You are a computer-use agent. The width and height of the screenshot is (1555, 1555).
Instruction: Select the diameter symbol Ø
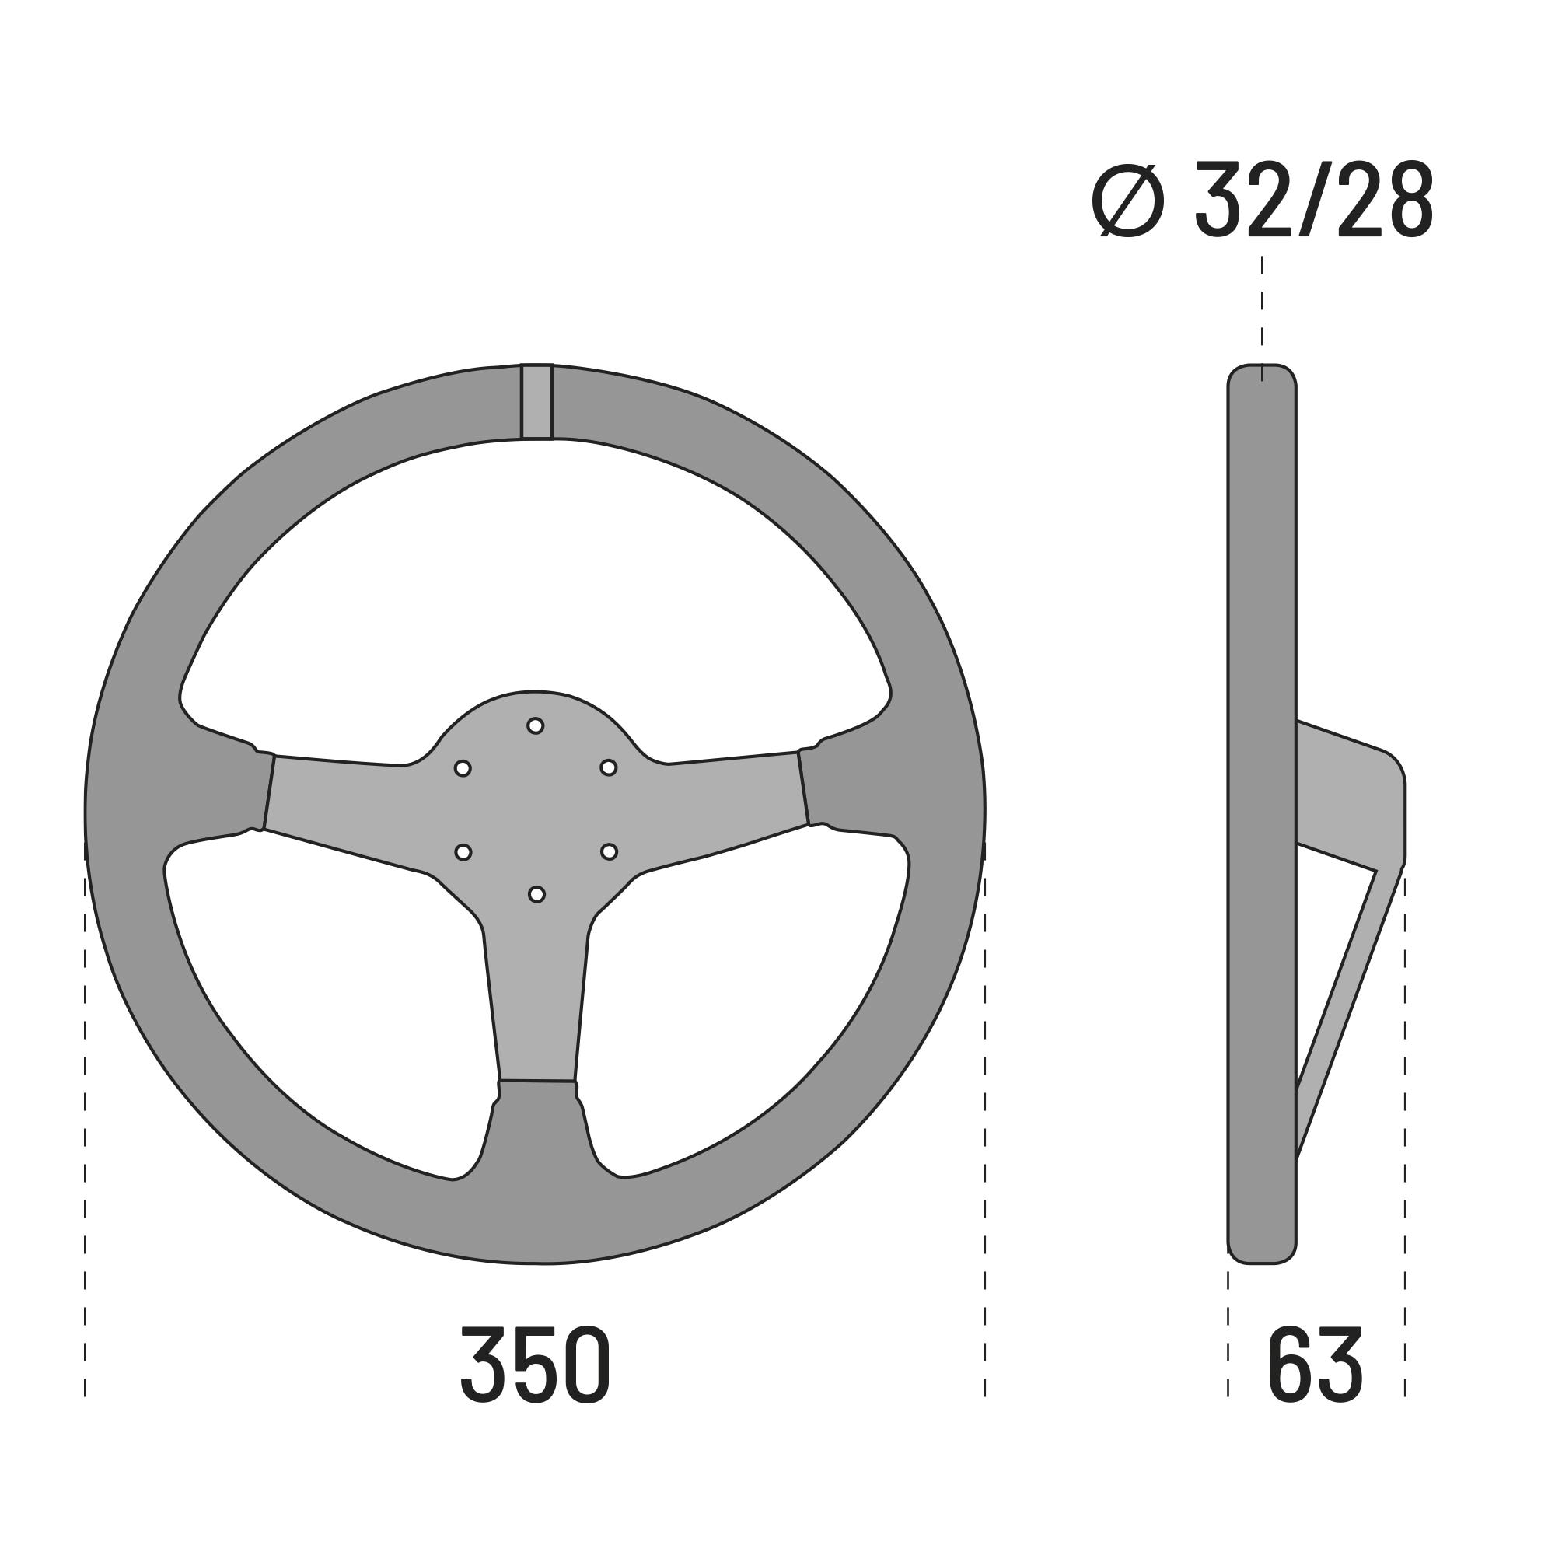1128,201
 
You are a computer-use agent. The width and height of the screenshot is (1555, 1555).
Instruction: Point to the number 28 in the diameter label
1386,201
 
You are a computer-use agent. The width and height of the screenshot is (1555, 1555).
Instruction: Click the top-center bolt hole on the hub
535,726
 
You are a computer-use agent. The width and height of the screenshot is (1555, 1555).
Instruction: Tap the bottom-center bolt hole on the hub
536,894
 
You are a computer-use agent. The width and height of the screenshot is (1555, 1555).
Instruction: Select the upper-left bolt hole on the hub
463,769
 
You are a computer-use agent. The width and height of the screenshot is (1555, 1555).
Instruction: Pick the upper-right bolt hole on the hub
609,768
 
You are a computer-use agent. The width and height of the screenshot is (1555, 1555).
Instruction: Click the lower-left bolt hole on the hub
463,852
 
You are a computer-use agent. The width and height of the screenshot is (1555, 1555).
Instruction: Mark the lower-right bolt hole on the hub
610,851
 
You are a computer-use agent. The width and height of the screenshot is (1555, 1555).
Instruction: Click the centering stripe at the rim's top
536,402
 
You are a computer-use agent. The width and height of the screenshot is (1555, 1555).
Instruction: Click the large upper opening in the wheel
535,579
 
